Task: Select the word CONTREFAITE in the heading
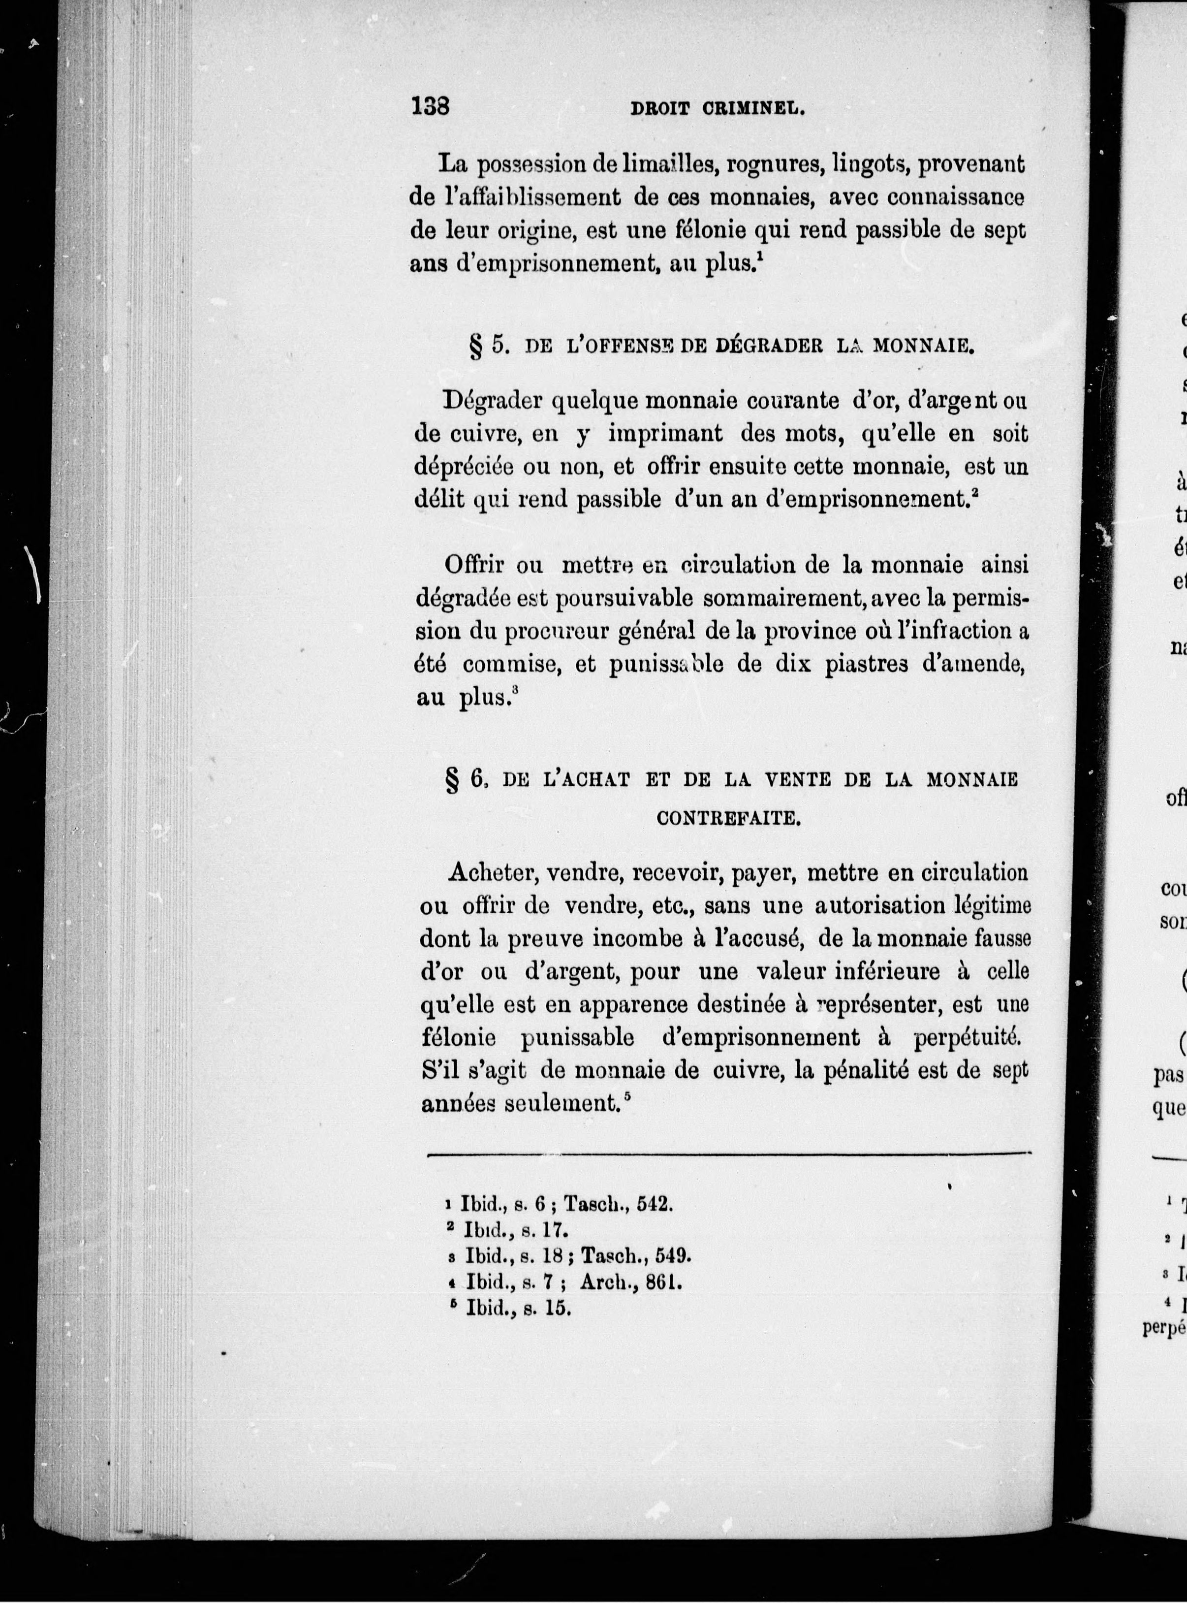pos(728,819)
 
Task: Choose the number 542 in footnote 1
pos(656,1204)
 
